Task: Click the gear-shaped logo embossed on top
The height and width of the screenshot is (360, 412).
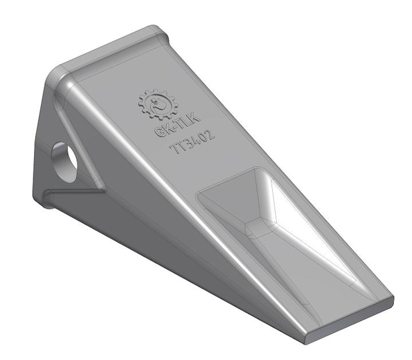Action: (x=158, y=104)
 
